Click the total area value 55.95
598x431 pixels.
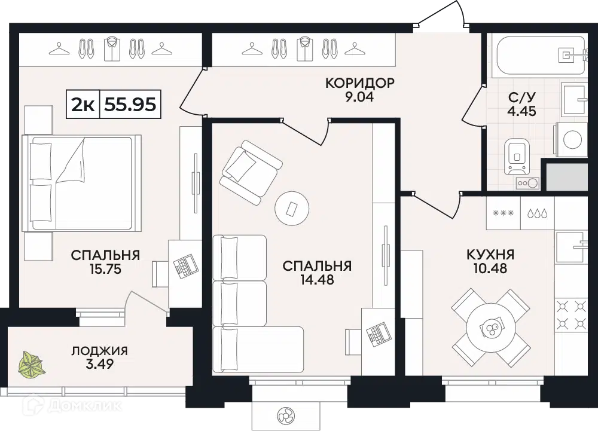point(130,103)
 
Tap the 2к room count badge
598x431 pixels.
point(83,104)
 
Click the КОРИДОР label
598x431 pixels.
point(359,82)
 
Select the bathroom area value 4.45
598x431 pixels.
point(521,111)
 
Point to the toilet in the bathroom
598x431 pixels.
point(517,156)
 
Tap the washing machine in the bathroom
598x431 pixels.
point(571,139)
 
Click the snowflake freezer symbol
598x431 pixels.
point(504,213)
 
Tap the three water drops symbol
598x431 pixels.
point(537,213)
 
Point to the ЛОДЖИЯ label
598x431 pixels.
point(99,350)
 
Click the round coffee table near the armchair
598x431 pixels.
point(292,209)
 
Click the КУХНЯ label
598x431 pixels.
point(490,254)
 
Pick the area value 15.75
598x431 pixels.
point(105,269)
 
